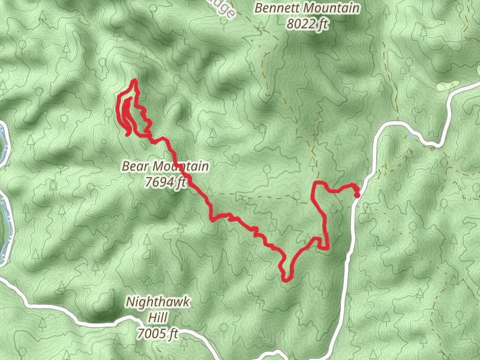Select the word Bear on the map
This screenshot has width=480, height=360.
click(136, 166)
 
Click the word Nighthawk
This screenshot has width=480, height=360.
click(158, 302)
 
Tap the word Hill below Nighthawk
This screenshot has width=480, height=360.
click(158, 318)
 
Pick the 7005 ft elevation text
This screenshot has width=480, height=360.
click(158, 334)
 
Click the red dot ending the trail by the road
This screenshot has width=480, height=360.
click(357, 194)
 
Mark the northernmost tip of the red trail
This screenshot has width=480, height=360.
click(134, 80)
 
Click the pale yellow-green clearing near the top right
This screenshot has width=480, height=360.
click(447, 86)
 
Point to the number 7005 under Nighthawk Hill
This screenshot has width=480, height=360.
click(151, 334)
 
